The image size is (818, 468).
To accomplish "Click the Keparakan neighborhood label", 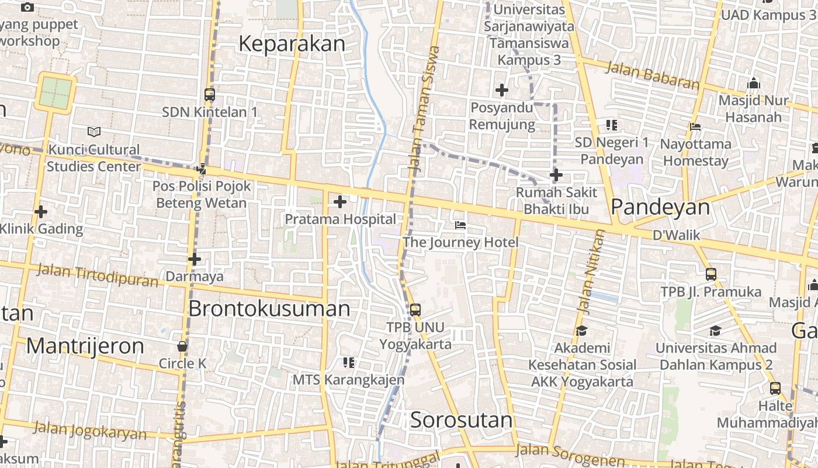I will click(292, 44).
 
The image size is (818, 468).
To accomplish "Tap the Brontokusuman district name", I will click(269, 308).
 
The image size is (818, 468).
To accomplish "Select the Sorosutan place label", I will click(461, 419).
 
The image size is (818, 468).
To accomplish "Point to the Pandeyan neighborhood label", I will click(660, 207).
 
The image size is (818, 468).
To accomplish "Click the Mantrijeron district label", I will click(85, 346).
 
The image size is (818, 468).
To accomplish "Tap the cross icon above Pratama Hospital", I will click(339, 202).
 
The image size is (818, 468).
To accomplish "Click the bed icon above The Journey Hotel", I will click(460, 225).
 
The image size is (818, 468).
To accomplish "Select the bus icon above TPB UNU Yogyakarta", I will click(415, 310).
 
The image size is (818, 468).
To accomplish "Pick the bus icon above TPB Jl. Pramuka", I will click(710, 274).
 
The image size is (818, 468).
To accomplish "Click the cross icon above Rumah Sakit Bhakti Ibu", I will click(556, 175).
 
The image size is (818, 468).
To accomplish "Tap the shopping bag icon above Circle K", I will click(182, 346).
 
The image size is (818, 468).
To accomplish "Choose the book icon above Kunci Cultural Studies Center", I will click(93, 132).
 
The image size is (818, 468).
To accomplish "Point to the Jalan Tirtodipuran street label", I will click(97, 275).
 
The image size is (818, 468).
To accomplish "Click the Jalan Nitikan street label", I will click(590, 270).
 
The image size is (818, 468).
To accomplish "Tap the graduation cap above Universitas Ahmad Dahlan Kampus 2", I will click(715, 331).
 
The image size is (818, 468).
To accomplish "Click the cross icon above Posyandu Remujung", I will click(501, 90).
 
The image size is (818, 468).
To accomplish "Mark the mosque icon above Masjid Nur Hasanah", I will click(753, 83).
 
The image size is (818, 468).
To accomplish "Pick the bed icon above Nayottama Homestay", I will click(695, 126).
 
